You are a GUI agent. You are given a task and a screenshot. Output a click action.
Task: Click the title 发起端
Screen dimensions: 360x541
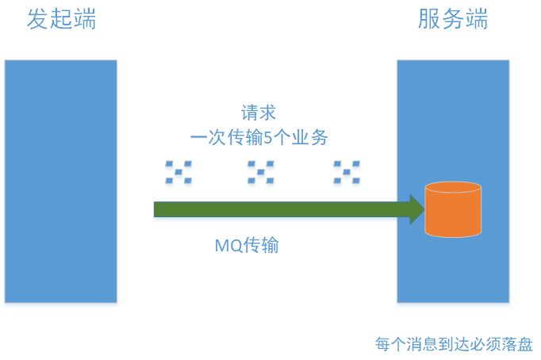[x=62, y=20]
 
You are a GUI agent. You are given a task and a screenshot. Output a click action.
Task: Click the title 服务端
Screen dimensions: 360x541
[x=453, y=20]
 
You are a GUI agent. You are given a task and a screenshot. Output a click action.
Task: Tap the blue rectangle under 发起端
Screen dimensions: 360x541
[x=60, y=181]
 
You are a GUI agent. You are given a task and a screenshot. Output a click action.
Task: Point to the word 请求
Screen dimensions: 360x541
[x=259, y=113]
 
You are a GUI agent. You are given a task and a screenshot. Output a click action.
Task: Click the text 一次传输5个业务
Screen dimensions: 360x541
[x=259, y=137]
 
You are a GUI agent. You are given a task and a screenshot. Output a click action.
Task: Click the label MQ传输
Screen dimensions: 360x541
[x=247, y=245]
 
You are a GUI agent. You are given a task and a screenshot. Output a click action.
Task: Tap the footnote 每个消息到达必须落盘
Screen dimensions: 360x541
[x=454, y=344]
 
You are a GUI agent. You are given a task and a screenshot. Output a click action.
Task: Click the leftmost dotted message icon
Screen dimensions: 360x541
[x=178, y=172]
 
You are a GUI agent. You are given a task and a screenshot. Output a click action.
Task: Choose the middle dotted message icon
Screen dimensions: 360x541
[x=260, y=172]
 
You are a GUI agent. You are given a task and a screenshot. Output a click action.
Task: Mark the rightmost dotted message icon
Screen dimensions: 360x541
[x=346, y=172]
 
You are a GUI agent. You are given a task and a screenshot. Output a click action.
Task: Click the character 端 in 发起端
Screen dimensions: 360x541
[x=85, y=20]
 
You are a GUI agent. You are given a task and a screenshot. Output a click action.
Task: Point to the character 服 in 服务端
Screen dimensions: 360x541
[x=429, y=20]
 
